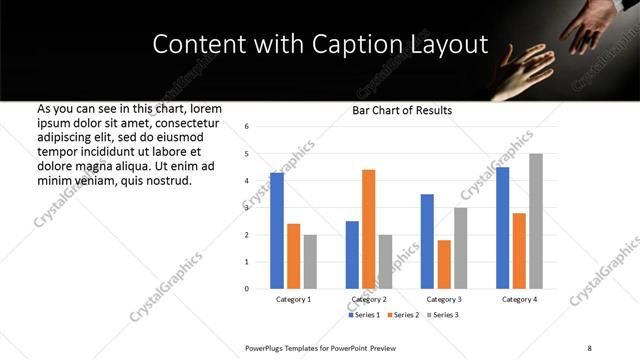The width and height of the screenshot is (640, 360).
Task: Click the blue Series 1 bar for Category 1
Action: (277, 231)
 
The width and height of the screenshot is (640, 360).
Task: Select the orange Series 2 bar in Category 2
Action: (368, 229)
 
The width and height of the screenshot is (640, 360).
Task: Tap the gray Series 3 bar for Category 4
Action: (536, 221)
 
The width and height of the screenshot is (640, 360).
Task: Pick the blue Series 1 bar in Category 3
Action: (427, 241)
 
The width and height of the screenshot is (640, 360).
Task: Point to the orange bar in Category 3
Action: (444, 264)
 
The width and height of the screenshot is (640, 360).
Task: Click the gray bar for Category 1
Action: (310, 262)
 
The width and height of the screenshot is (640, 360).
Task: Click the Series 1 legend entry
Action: (366, 315)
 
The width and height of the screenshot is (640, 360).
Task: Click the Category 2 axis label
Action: (368, 299)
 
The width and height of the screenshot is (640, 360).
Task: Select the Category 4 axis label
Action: (519, 299)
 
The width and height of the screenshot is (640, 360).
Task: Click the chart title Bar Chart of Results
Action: (402, 110)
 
